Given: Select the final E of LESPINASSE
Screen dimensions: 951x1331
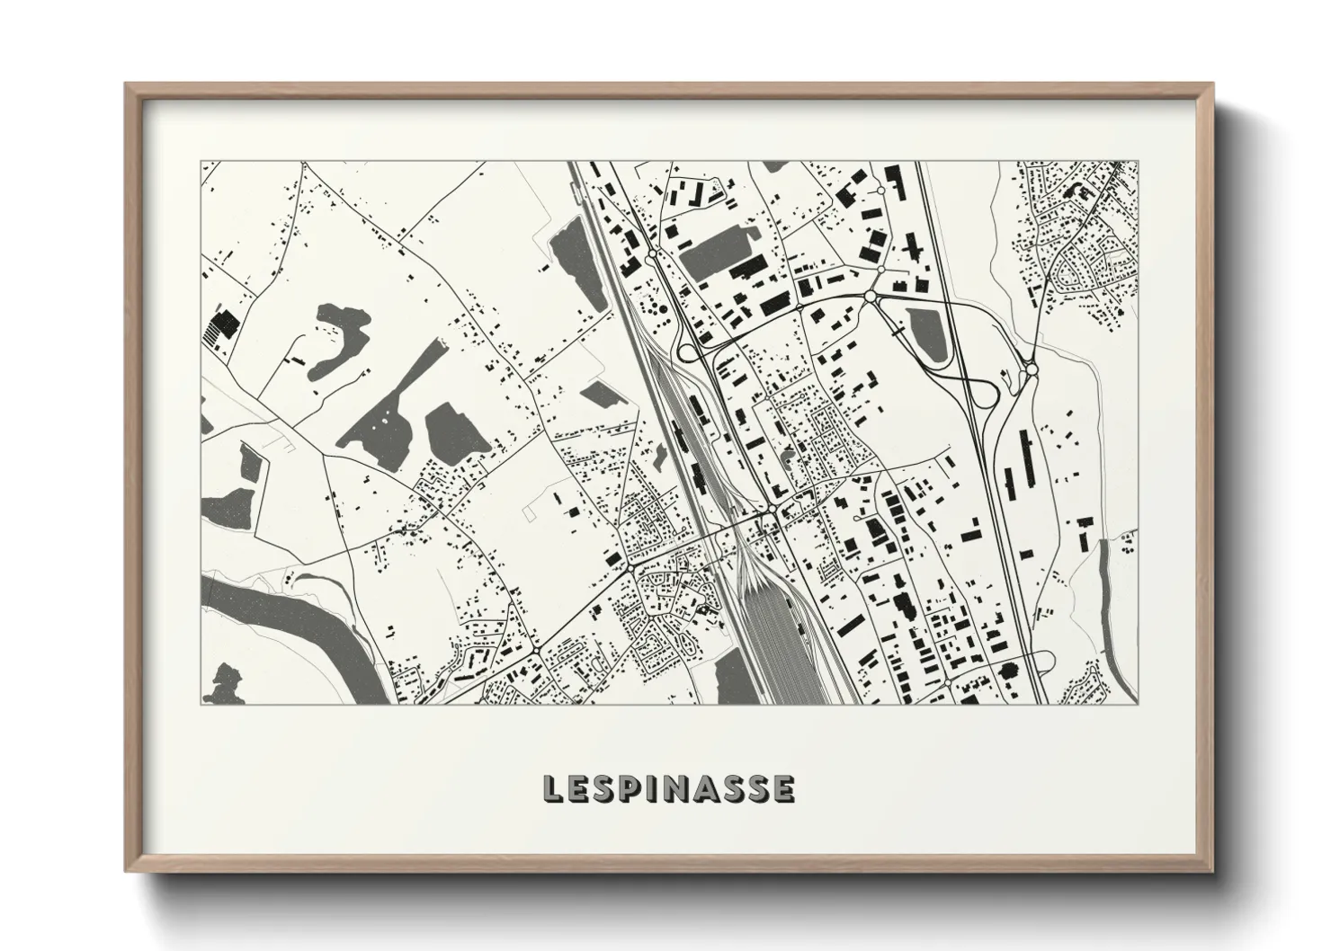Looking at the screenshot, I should click(783, 789).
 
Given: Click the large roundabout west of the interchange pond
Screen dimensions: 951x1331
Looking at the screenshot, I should click(870, 296).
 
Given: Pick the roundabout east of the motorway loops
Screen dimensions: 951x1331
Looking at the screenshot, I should click(1032, 369).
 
